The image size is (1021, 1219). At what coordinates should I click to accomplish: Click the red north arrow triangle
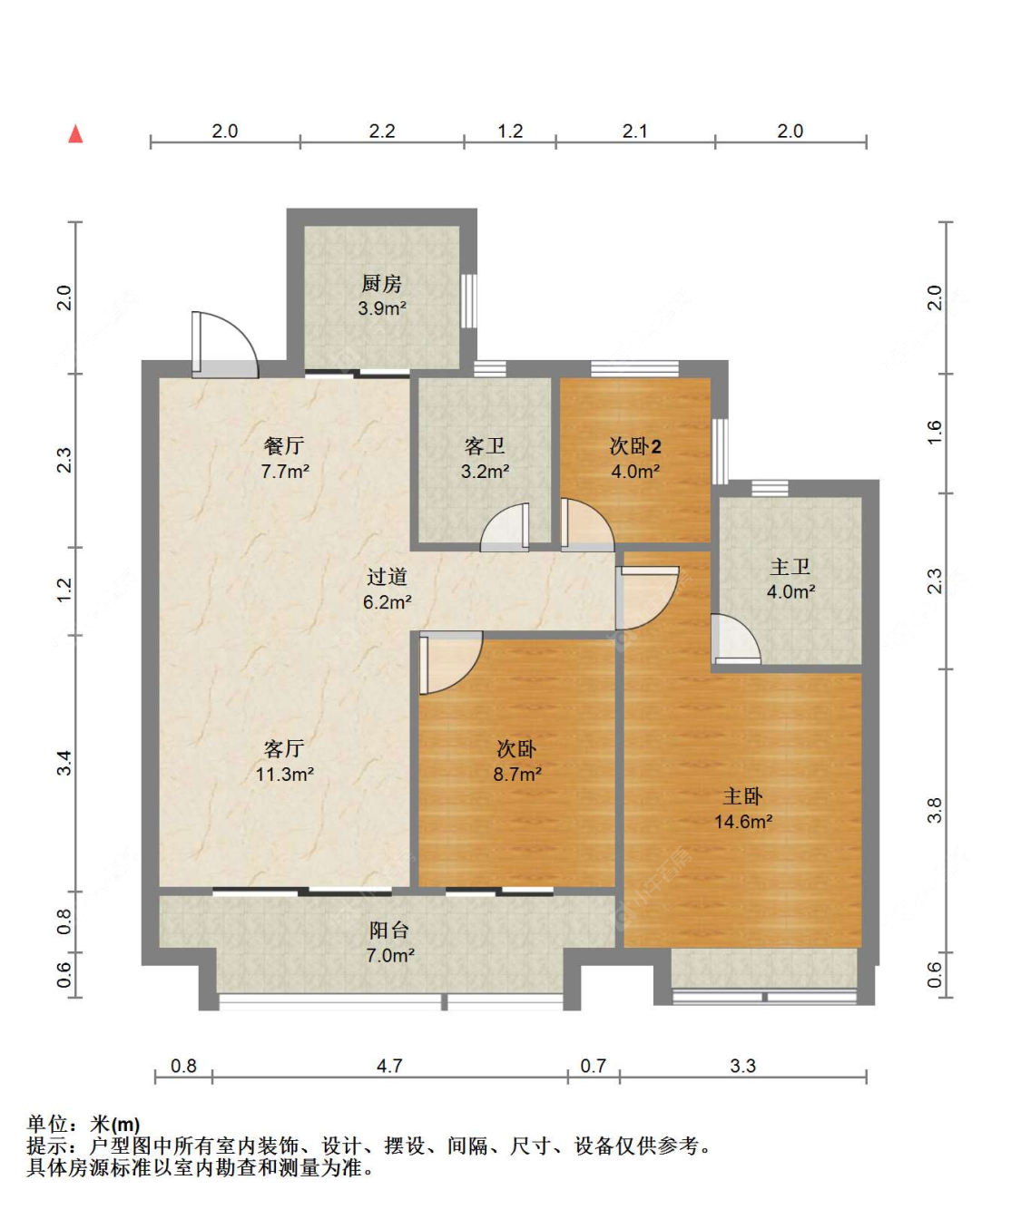point(75,133)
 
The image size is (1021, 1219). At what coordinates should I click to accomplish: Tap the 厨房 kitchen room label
point(381,284)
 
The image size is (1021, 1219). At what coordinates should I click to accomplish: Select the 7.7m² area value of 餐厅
point(284,471)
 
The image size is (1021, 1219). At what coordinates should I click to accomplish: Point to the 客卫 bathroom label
point(485,446)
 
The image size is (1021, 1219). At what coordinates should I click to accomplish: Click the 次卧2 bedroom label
point(635,446)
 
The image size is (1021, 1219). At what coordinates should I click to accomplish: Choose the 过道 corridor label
point(387,577)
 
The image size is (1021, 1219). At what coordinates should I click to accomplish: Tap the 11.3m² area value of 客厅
point(284,775)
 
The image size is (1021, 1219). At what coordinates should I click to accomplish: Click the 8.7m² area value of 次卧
point(517,775)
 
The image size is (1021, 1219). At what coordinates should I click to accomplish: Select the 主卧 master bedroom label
point(742,796)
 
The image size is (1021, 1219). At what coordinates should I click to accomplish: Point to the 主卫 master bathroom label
point(790,566)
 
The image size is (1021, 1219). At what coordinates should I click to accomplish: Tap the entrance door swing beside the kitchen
point(225,345)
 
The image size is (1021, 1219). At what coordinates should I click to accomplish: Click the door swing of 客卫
point(505,527)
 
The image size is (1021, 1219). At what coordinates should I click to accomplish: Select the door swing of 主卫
point(735,639)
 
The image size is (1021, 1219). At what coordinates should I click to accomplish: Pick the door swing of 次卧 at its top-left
point(451,663)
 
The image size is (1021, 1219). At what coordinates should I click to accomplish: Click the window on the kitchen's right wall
point(468,300)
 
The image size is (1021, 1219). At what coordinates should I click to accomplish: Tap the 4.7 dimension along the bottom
point(389,1066)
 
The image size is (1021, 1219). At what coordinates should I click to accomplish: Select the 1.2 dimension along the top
point(510,131)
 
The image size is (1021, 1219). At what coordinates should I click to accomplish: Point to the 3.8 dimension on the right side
point(935,810)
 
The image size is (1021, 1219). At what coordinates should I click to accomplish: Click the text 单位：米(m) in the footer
point(83,1124)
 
